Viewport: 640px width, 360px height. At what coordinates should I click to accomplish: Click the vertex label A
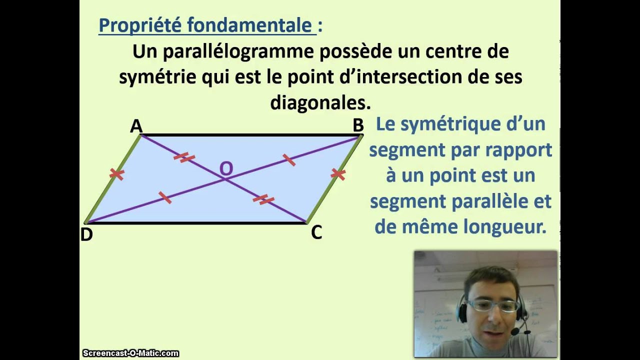click(x=136, y=126)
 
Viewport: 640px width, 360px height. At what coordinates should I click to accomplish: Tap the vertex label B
click(x=358, y=125)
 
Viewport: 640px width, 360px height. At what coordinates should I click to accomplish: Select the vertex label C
click(x=316, y=232)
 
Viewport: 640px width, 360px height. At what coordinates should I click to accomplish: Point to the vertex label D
click(x=86, y=235)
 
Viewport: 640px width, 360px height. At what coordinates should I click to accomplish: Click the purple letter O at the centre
click(x=226, y=168)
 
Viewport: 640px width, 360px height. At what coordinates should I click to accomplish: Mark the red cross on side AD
click(x=117, y=173)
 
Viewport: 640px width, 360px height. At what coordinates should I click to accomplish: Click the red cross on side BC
click(x=338, y=174)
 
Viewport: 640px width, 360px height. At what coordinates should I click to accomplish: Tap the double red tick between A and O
click(x=184, y=157)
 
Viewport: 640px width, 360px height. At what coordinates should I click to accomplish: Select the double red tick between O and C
click(x=263, y=199)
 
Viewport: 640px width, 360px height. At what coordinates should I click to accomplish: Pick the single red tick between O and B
click(x=289, y=160)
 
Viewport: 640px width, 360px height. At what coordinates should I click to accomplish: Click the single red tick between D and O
click(x=165, y=197)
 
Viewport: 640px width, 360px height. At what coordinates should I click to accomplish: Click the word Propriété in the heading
click(x=140, y=25)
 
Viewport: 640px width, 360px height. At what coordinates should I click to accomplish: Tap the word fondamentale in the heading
click(x=249, y=25)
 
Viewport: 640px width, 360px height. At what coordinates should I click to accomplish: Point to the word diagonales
click(x=320, y=102)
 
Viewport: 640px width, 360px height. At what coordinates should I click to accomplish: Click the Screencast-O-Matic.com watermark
click(x=131, y=353)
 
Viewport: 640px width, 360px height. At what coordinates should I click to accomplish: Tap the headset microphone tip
click(x=514, y=332)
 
